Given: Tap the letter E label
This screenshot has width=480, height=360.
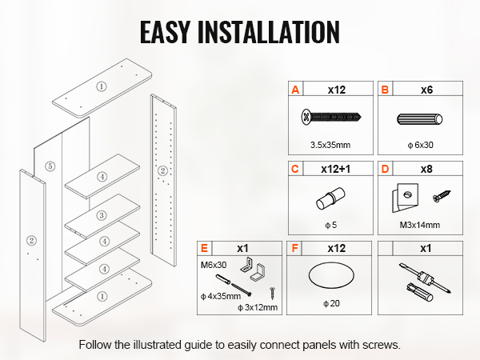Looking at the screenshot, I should (x=204, y=249).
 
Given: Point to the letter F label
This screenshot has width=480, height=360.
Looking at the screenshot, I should (x=295, y=249).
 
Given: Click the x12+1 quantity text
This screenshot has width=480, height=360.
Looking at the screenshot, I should (x=337, y=170).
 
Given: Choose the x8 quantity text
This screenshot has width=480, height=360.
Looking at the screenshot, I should (x=426, y=170).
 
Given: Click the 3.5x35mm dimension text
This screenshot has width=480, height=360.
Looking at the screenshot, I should (x=330, y=146).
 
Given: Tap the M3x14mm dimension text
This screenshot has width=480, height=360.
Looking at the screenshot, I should (x=419, y=225).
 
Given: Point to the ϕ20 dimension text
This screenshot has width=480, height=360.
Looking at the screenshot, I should (x=330, y=303).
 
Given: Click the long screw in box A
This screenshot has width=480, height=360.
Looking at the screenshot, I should (x=330, y=119).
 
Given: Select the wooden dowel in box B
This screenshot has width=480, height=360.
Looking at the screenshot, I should (x=420, y=122).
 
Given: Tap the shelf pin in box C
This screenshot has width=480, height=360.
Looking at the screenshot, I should (x=329, y=198).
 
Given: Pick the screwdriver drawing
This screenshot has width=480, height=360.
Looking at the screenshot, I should (x=418, y=281).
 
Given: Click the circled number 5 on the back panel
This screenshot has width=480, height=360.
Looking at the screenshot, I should (x=50, y=166).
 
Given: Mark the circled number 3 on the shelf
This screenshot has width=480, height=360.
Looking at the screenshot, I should (x=102, y=215).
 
